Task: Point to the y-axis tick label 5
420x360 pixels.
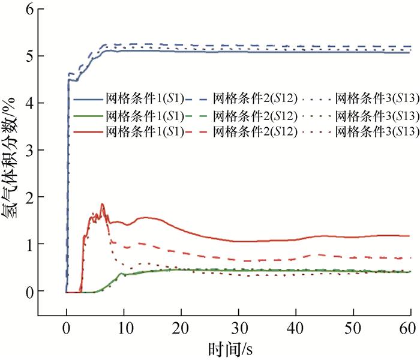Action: [x=26, y=56]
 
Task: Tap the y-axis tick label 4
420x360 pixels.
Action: [x=26, y=103]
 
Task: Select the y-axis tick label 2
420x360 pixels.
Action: [x=26, y=197]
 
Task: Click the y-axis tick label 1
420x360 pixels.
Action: [x=26, y=244]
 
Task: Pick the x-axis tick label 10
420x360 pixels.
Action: [x=123, y=328]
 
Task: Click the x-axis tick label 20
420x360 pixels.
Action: [x=181, y=328]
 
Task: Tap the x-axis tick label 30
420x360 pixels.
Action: [x=238, y=328]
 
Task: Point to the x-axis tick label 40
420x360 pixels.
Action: [x=296, y=328]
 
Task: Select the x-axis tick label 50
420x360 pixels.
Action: [x=353, y=328]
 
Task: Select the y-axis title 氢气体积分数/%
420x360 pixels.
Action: [x=12, y=162]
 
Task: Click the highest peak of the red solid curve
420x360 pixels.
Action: [x=103, y=205]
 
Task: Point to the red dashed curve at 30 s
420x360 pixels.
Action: [x=238, y=259]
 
